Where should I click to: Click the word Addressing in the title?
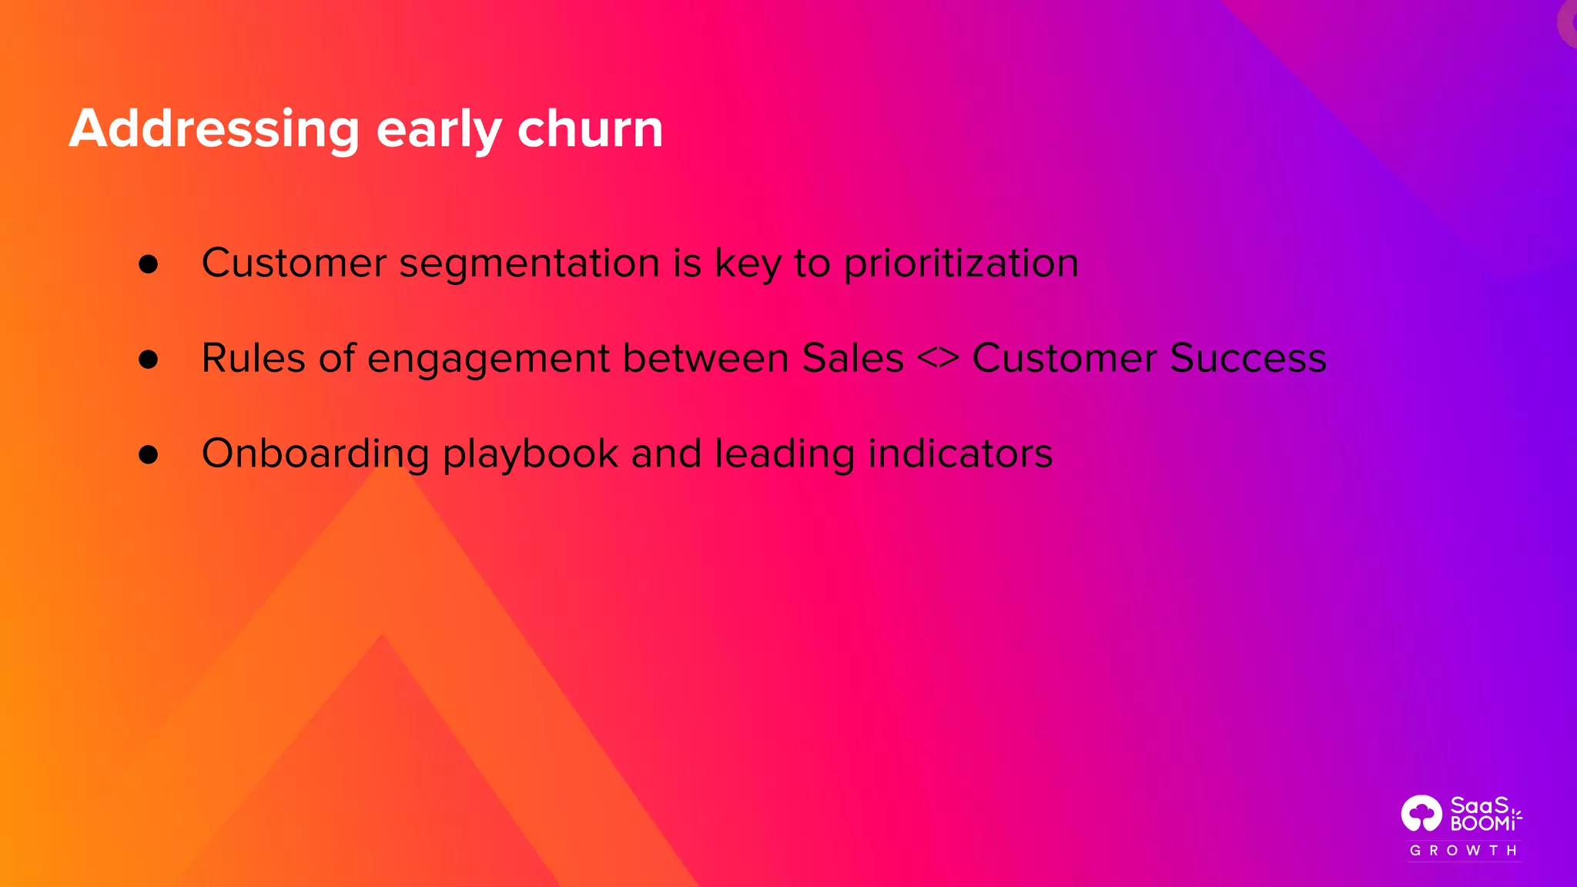[x=214, y=129]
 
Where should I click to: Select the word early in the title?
[x=438, y=129]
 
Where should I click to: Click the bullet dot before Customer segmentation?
[x=149, y=264]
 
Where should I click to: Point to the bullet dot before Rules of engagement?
[x=149, y=359]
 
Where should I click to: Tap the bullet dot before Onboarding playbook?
[x=149, y=454]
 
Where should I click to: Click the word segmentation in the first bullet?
[x=529, y=264]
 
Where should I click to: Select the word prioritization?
[x=961, y=264]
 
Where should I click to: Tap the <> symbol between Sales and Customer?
[x=938, y=359]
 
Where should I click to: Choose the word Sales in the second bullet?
[x=852, y=359]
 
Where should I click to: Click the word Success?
[x=1247, y=359]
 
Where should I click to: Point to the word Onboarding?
[x=315, y=454]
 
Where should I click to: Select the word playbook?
[x=531, y=454]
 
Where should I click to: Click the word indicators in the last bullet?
[x=960, y=454]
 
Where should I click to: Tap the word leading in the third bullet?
[x=785, y=454]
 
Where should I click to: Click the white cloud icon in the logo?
[x=1421, y=814]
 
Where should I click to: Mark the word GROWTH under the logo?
[x=1463, y=851]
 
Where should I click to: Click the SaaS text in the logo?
[x=1479, y=805]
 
